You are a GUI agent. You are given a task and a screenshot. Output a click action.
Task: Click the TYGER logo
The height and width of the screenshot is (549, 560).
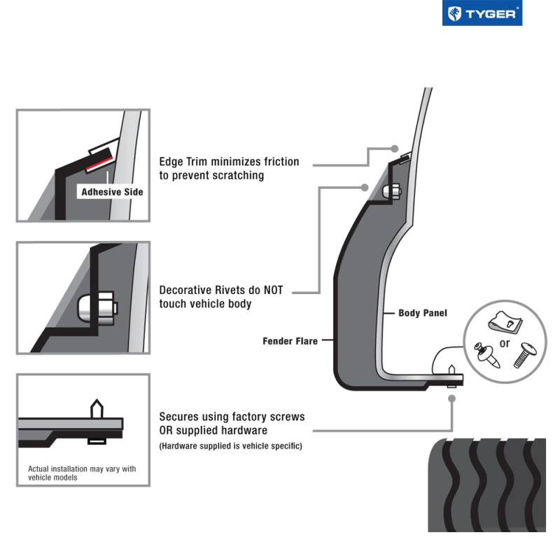point(482,14)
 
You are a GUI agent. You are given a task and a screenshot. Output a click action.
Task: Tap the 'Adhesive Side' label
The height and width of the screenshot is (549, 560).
point(112,191)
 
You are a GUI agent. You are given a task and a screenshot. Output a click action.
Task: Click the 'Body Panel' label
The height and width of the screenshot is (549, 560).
point(422,313)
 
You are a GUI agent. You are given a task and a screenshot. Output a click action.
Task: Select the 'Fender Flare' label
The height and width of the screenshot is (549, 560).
point(290,341)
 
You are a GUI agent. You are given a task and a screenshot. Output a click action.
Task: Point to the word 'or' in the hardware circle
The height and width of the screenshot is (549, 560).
point(505,343)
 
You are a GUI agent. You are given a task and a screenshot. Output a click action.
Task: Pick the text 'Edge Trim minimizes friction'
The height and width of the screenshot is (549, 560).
point(229,162)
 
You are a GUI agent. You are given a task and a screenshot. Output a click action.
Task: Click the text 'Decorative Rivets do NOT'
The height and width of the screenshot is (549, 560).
point(221,289)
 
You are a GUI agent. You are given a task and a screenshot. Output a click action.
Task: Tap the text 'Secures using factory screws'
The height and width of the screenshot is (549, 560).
point(232,417)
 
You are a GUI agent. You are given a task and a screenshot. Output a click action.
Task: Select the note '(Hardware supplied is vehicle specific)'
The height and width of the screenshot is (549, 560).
point(230,445)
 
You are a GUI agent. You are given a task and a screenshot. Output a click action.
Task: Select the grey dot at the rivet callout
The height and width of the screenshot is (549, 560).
point(365,187)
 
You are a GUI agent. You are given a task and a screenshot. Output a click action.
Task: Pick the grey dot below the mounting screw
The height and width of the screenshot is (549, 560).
point(452,398)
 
